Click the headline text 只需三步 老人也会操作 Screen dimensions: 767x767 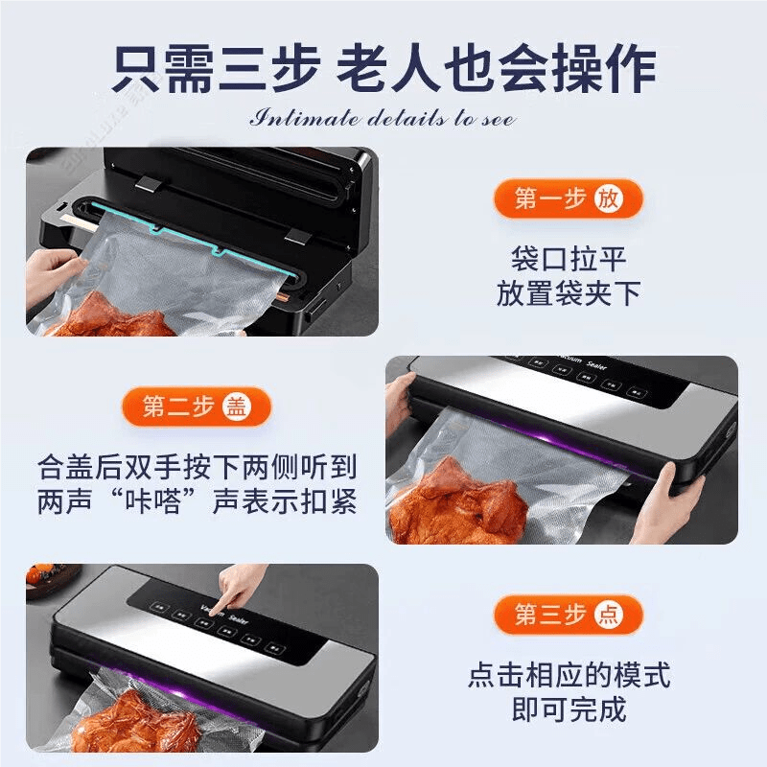(383, 69)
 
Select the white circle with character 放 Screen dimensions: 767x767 (608, 198)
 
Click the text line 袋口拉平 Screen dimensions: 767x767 (569, 258)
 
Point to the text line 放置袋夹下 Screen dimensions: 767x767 (569, 293)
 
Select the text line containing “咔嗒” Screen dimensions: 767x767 (198, 501)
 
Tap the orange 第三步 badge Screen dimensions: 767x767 (567, 614)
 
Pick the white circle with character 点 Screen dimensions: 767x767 (608, 614)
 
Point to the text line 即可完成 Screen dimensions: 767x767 (569, 709)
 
